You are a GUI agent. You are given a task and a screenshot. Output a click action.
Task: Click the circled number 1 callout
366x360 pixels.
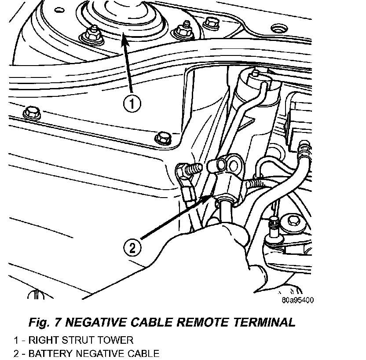[132, 104]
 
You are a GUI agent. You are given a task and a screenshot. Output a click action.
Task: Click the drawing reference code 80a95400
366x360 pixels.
[297, 301]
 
